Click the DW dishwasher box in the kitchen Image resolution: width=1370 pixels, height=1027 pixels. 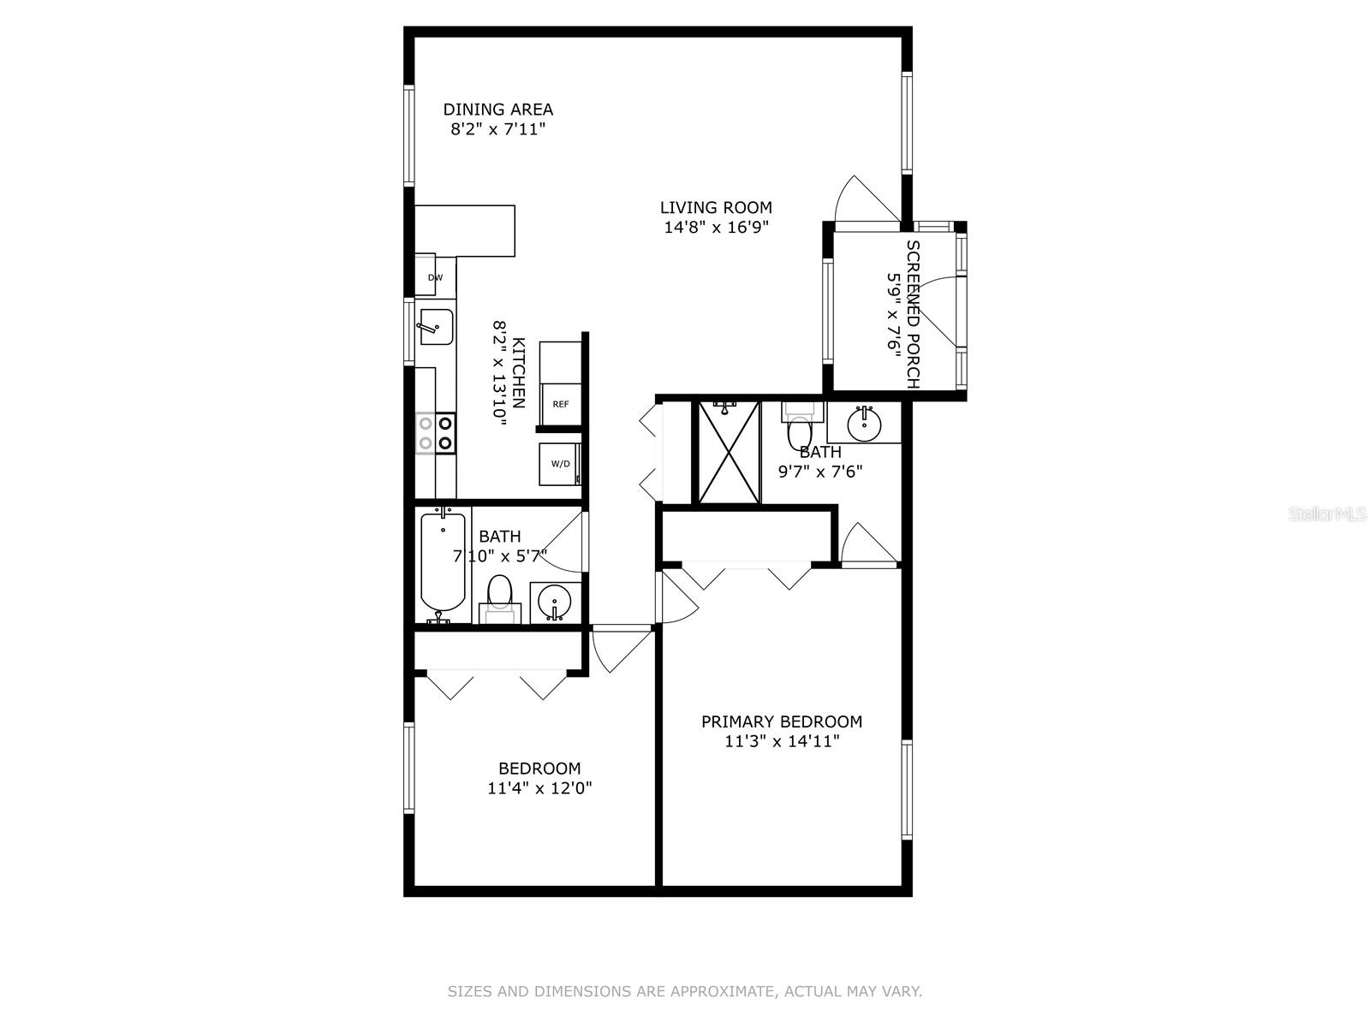point(435,277)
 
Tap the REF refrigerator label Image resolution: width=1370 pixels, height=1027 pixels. point(561,404)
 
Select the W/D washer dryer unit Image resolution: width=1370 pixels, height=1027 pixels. point(560,464)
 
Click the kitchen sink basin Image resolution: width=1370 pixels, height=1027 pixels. point(435,327)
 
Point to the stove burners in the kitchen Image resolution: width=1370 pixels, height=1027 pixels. point(435,432)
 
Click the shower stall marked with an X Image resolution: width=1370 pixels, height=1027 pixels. point(729,452)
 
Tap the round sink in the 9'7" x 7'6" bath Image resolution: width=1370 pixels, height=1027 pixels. point(864,422)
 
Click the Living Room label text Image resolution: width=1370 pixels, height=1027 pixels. point(716,207)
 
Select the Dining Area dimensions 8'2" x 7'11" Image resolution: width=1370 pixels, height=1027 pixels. point(498,129)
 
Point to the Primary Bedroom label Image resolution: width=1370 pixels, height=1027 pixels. point(781,721)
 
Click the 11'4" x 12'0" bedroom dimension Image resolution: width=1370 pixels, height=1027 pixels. point(539,788)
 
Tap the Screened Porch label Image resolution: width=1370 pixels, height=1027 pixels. point(913,314)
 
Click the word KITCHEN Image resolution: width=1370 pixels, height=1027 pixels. point(518,373)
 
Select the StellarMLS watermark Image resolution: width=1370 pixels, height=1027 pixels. point(1326,514)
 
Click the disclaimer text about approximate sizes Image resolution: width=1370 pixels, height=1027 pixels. point(684,992)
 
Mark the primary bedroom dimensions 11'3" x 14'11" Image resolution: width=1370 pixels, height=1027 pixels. point(781,741)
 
